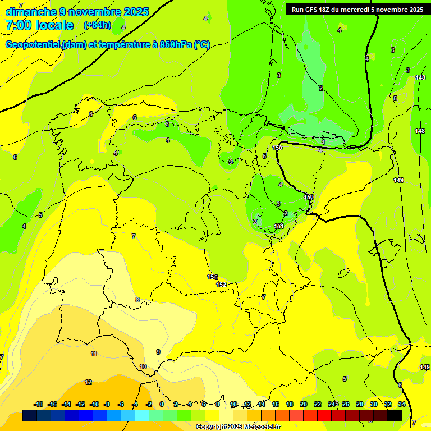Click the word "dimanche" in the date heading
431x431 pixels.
tap(31, 12)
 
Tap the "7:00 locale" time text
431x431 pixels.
tap(39, 25)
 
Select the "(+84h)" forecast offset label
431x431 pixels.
tap(97, 25)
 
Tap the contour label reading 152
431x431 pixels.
tap(221, 285)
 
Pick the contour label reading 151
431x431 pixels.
tap(278, 226)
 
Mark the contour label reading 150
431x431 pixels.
tap(309, 197)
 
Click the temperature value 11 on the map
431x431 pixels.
tap(94, 354)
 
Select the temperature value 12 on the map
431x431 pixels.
tap(88, 382)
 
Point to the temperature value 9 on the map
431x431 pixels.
tap(158, 352)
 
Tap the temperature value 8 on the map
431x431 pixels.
tap(137, 300)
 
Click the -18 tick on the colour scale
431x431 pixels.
tap(38, 404)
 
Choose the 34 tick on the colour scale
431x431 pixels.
tap(402, 404)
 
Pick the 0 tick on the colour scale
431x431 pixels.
tap(162, 404)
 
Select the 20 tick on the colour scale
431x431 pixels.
tap(304, 404)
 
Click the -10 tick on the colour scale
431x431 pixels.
tap(94, 404)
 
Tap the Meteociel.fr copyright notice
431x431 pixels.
tap(238, 427)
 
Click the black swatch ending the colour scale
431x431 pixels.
tap(395, 415)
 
